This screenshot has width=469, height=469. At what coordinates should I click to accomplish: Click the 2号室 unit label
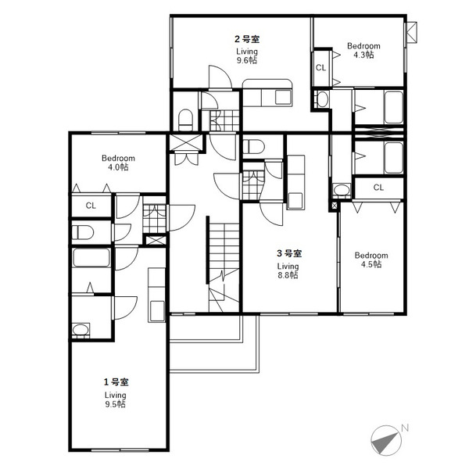click(247, 39)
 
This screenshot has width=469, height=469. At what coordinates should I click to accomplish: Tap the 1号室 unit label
click(116, 382)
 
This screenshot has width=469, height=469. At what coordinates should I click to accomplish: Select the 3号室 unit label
click(289, 253)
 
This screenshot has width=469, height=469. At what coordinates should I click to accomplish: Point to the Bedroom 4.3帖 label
click(363, 50)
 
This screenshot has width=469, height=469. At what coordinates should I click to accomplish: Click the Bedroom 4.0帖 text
click(118, 163)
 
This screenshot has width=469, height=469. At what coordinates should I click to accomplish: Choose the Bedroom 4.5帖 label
click(371, 260)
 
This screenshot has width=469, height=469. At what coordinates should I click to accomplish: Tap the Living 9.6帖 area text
click(247, 55)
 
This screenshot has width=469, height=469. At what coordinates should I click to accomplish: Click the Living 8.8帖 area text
click(288, 270)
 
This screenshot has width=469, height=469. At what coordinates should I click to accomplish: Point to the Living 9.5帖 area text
click(115, 399)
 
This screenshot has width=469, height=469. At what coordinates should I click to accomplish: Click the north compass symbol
click(386, 440)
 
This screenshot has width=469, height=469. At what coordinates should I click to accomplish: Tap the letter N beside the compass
click(405, 428)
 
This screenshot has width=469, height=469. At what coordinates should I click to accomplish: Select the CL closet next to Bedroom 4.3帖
click(320, 68)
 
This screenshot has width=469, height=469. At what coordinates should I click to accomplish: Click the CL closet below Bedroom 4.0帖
click(91, 206)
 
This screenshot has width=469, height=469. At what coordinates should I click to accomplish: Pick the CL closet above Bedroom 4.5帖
click(378, 188)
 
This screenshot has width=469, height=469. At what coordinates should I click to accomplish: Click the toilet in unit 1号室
click(83, 232)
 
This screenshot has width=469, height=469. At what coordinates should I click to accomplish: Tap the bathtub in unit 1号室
click(91, 258)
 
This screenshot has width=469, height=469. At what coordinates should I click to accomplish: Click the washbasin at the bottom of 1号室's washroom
click(81, 330)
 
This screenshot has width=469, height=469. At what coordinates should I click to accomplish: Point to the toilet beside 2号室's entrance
click(185, 120)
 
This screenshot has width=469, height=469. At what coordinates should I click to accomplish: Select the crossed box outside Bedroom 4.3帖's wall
click(412, 33)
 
